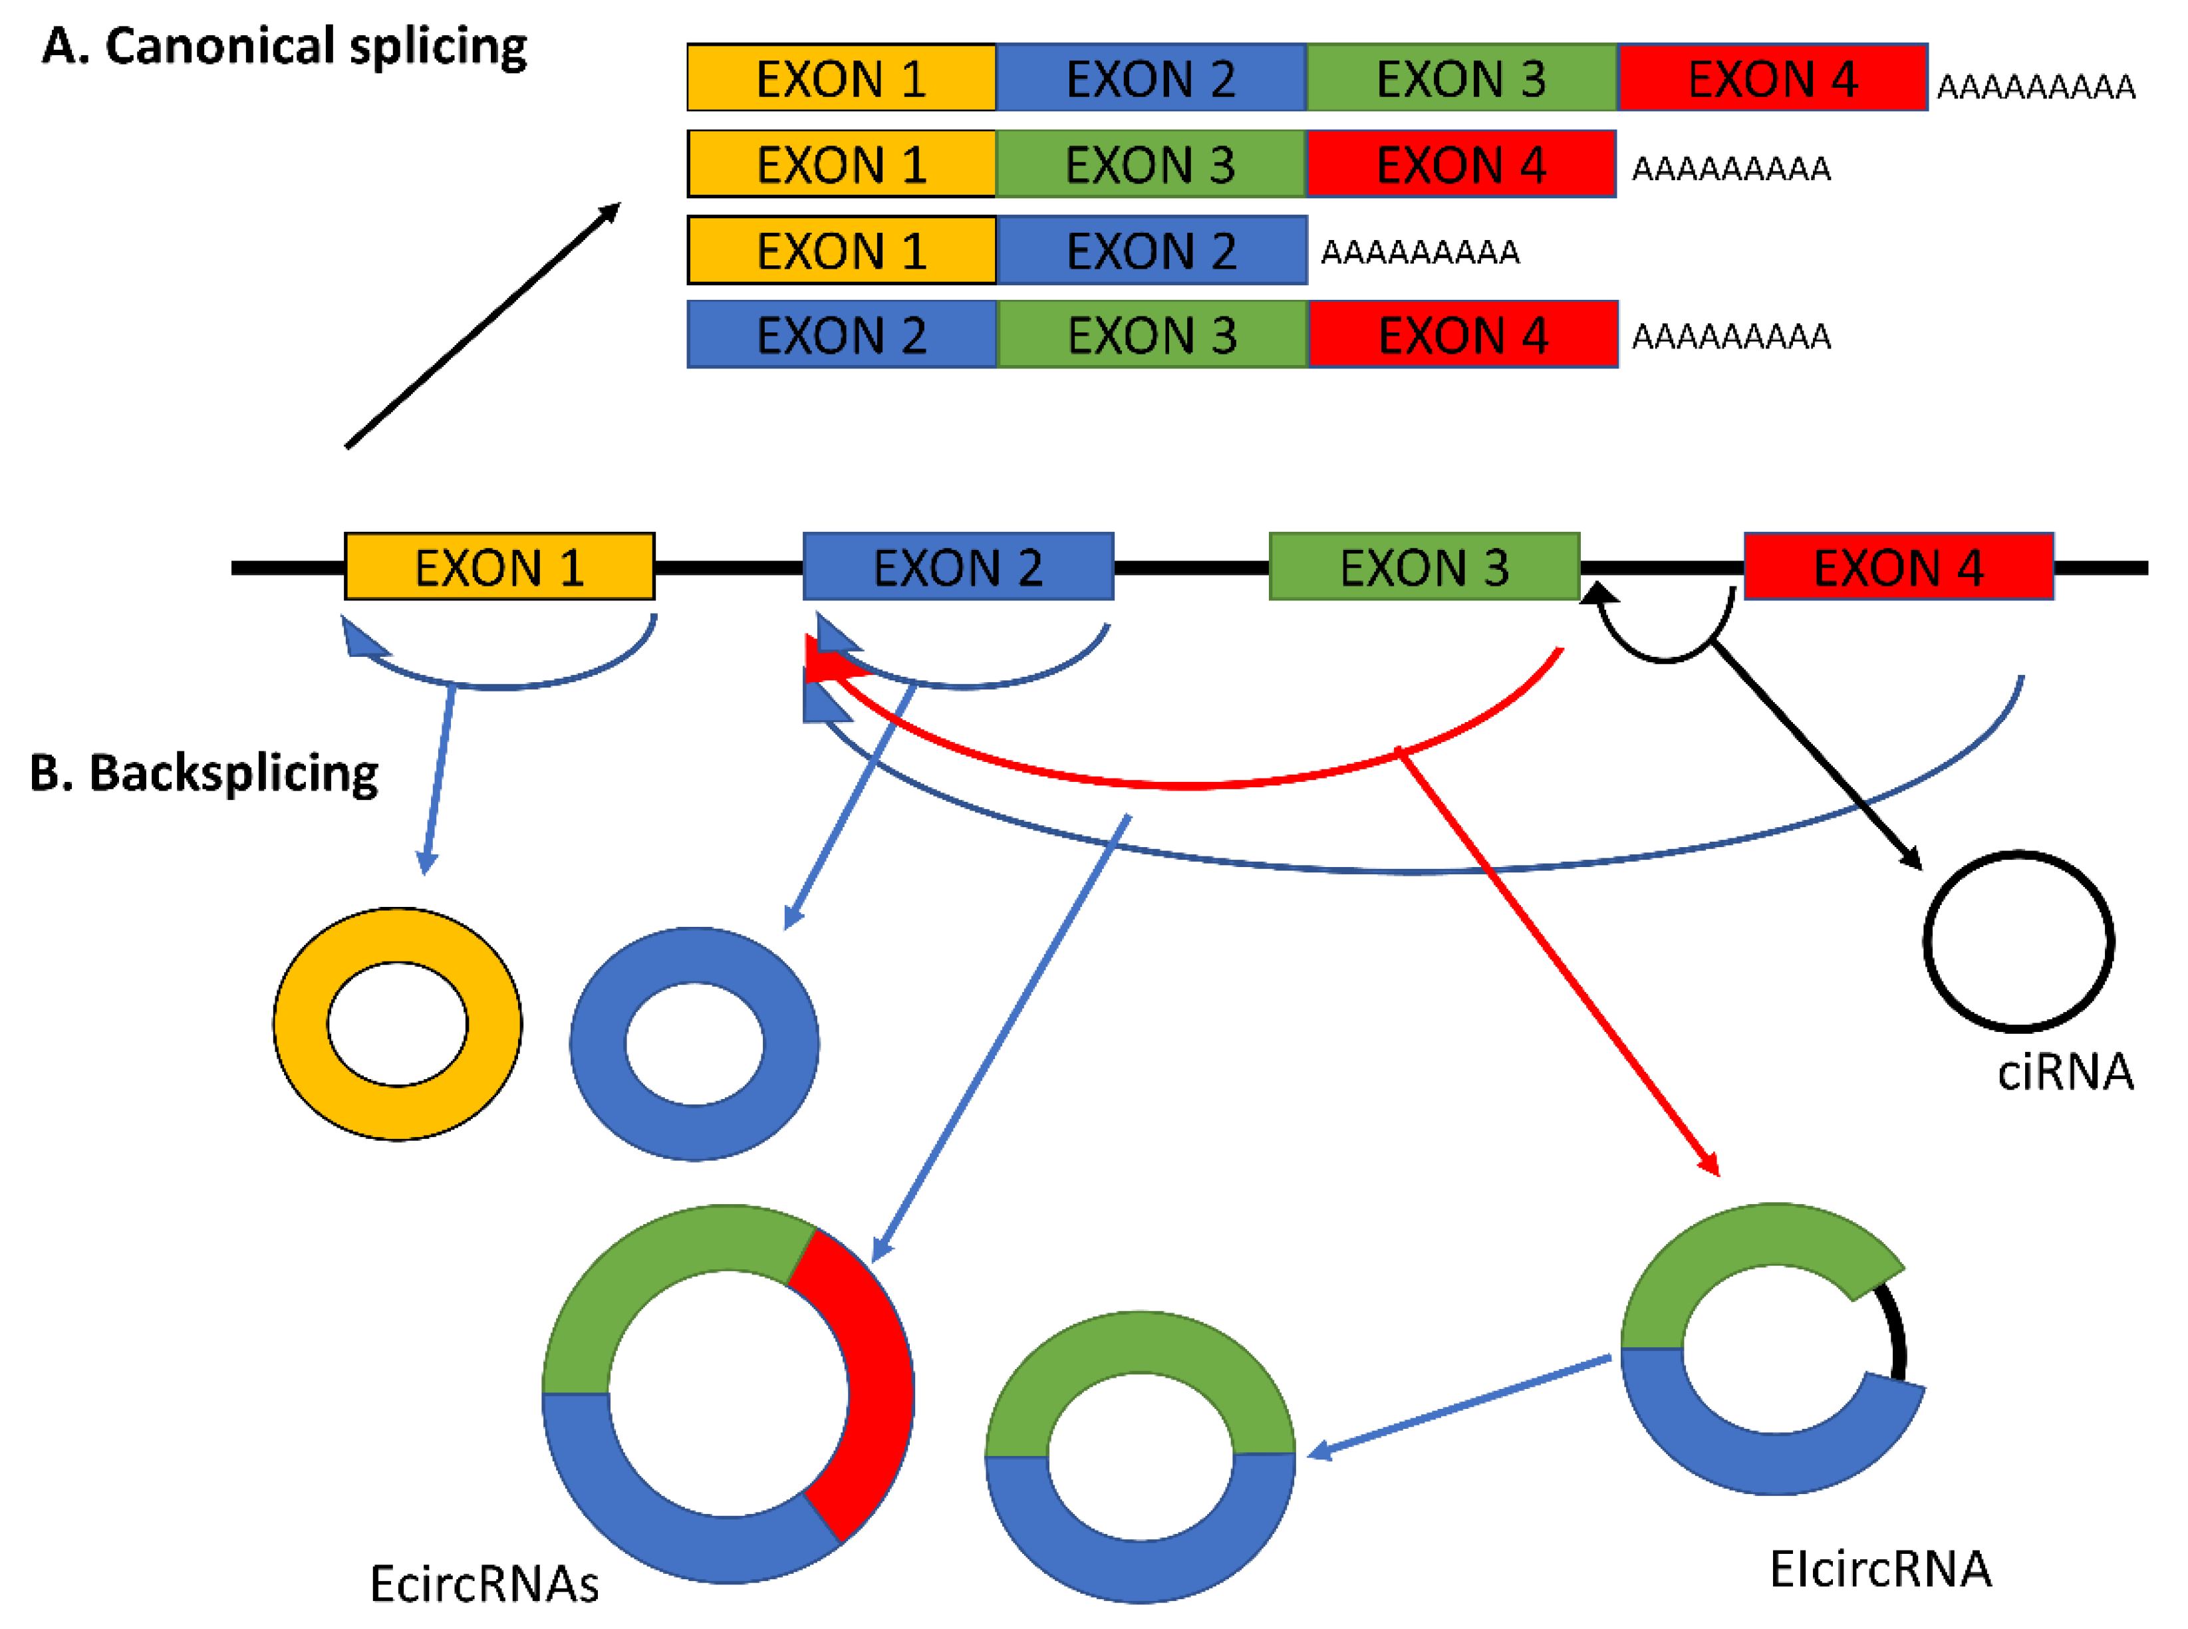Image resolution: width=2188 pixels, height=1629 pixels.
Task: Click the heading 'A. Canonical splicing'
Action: [284, 47]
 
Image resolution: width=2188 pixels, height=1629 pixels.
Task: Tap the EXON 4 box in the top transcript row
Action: [1772, 78]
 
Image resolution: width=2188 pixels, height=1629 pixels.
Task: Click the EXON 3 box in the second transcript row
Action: [1150, 164]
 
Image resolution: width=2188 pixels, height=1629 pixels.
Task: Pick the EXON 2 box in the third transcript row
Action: [1150, 251]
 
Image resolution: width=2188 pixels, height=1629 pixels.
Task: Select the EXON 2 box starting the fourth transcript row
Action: [841, 335]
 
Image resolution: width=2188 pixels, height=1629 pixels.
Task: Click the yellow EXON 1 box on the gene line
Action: [499, 567]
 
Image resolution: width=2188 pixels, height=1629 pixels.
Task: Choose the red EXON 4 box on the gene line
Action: [1898, 567]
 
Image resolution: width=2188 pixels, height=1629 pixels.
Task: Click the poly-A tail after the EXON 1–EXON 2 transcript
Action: [1419, 253]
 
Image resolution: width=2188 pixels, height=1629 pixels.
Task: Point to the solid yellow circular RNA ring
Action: [296, 1025]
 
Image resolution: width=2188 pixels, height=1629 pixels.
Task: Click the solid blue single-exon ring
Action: [597, 1045]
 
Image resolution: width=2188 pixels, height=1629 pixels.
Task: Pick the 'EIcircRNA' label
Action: [1879, 1570]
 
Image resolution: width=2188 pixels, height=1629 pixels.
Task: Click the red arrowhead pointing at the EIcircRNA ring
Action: [1710, 1166]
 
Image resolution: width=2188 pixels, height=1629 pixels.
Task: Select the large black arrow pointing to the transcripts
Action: [483, 325]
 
